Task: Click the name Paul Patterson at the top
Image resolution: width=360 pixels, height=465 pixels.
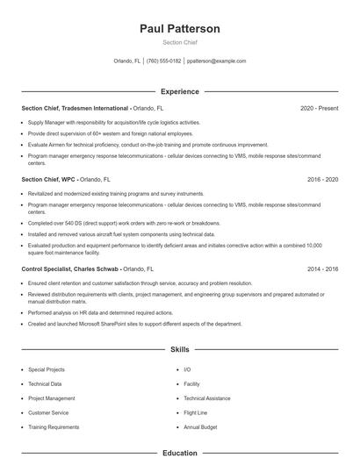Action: (x=180, y=29)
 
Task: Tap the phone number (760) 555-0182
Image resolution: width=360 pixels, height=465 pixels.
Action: (x=164, y=61)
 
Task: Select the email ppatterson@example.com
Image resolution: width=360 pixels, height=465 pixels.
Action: (x=217, y=61)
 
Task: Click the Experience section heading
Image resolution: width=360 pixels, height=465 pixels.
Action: (x=180, y=91)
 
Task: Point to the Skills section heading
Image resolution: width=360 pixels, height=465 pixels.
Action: (x=180, y=349)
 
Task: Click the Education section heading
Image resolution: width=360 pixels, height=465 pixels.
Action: (x=180, y=454)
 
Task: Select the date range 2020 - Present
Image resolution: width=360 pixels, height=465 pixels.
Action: (x=319, y=108)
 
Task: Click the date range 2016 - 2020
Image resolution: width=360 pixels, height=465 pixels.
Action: (x=322, y=179)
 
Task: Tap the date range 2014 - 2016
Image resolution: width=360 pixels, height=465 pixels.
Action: (x=322, y=268)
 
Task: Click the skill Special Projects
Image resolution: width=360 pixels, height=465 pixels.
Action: (x=47, y=369)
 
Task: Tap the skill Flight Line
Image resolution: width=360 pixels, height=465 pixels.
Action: (x=196, y=412)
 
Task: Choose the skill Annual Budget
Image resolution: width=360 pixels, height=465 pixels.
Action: (x=199, y=426)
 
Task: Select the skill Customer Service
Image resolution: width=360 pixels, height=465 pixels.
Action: (x=48, y=412)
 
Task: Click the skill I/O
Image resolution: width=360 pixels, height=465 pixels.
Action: (x=187, y=369)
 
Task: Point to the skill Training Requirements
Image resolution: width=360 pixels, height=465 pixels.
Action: (x=54, y=426)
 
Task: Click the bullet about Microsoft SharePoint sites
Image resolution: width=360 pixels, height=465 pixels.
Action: (x=134, y=324)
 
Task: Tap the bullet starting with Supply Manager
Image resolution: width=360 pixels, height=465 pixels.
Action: (x=114, y=123)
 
